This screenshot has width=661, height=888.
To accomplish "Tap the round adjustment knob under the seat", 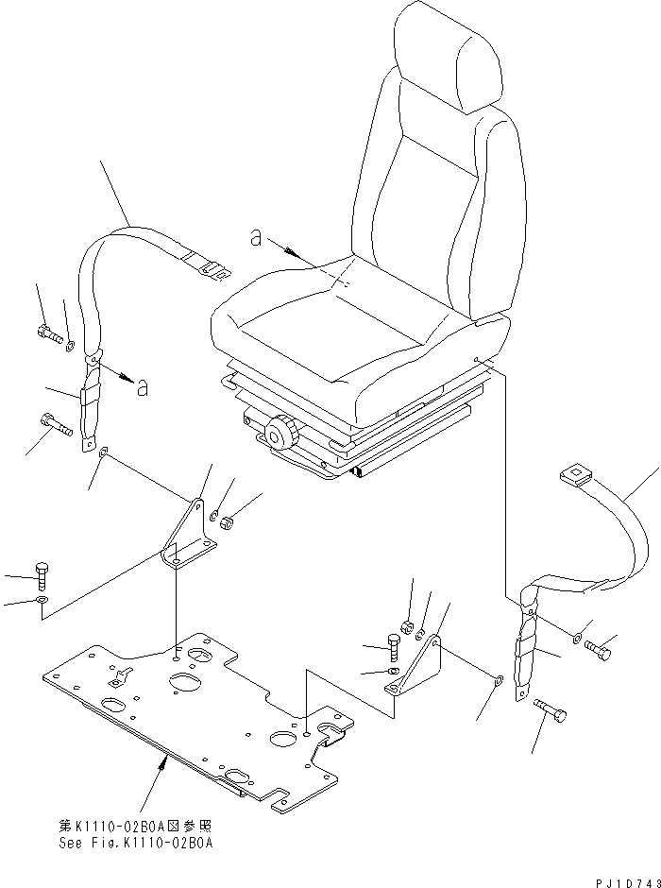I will [x=280, y=435].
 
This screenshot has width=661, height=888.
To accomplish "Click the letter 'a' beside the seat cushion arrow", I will [x=256, y=238].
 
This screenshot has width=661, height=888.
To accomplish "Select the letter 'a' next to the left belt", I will [x=142, y=387].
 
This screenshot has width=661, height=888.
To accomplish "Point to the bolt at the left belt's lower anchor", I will [x=56, y=426].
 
